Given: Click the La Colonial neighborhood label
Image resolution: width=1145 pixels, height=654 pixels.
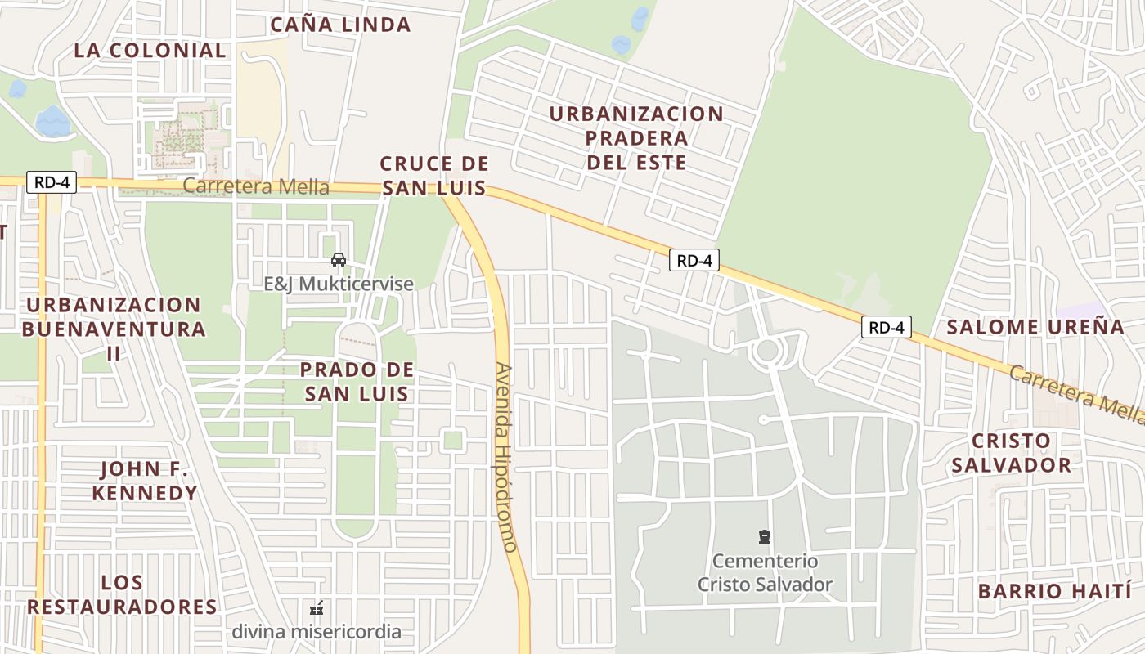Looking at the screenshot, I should pyautogui.click(x=150, y=50).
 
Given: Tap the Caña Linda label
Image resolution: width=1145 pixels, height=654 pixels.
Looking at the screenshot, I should pyautogui.click(x=340, y=25).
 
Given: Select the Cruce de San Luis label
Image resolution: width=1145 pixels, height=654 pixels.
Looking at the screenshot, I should pyautogui.click(x=434, y=176).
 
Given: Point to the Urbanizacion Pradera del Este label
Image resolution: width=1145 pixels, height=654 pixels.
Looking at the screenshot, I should pyautogui.click(x=636, y=137).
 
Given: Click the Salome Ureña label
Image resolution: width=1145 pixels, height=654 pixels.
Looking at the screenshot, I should pyautogui.click(x=1035, y=327).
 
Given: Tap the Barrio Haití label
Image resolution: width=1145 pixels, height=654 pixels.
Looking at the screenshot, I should pyautogui.click(x=1055, y=590).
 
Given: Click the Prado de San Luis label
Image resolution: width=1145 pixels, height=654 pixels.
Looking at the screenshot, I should pyautogui.click(x=357, y=381).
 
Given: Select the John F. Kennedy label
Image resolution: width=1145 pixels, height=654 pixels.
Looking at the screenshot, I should pyautogui.click(x=145, y=481).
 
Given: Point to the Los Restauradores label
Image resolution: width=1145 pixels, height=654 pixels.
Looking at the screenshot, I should pyautogui.click(x=123, y=594).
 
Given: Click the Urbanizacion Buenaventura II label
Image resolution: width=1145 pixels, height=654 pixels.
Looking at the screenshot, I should pyautogui.click(x=114, y=329).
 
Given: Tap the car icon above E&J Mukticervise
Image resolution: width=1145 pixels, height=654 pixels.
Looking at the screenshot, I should pyautogui.click(x=338, y=260).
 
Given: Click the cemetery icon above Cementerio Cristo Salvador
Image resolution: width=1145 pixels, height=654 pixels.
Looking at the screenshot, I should pyautogui.click(x=764, y=537).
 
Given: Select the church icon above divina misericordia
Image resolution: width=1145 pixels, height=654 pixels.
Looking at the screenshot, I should pyautogui.click(x=317, y=609).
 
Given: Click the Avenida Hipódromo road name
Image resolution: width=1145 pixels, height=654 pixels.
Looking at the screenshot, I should pyautogui.click(x=505, y=458).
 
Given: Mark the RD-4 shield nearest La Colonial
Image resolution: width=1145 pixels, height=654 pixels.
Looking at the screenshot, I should pyautogui.click(x=52, y=181).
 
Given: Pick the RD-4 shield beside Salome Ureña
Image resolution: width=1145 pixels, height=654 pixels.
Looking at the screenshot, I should pyautogui.click(x=886, y=327).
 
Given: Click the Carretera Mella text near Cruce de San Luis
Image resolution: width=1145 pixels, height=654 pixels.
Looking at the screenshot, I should pyautogui.click(x=256, y=186).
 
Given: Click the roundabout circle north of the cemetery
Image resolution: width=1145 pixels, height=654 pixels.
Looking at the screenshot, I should pyautogui.click(x=767, y=351).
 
